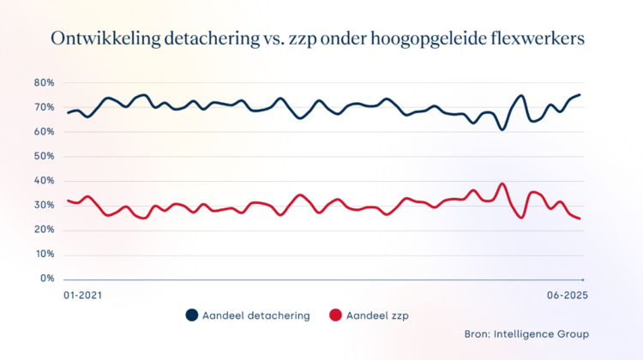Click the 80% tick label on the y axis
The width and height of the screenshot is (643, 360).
pyautogui.click(x=44, y=83)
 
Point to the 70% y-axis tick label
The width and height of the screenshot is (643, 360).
pyautogui.click(x=44, y=107)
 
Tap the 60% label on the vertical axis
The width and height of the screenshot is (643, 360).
pyautogui.click(x=44, y=132)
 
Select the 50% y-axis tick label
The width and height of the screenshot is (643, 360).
pyautogui.click(x=44, y=157)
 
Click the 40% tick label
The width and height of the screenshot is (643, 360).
pyautogui.click(x=44, y=181)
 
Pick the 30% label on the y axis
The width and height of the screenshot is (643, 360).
pyautogui.click(x=44, y=206)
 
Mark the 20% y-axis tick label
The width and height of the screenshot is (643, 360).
pyautogui.click(x=44, y=230)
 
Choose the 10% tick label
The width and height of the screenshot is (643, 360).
pyautogui.click(x=44, y=255)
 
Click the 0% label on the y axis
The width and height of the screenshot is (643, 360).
pyautogui.click(x=47, y=279)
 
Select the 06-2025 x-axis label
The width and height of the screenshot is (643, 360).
pyautogui.click(x=567, y=296)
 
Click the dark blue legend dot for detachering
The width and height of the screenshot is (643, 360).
pyautogui.click(x=192, y=315)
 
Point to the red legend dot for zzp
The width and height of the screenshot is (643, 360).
pyautogui.click(x=335, y=315)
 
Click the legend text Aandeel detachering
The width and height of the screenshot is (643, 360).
pyautogui.click(x=256, y=315)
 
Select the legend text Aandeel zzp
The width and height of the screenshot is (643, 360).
pyautogui.click(x=380, y=315)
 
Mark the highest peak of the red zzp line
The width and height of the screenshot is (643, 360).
pyautogui.click(x=502, y=183)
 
